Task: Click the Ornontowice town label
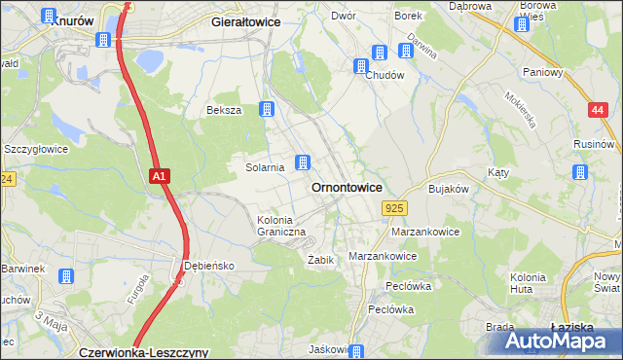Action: tap(346, 187)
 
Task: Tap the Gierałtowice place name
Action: tap(246, 19)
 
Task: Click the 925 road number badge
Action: tap(394, 208)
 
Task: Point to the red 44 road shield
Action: tap(598, 111)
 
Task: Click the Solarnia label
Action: tap(264, 167)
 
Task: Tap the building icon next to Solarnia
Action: tap(304, 162)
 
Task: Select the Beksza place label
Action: tap(223, 111)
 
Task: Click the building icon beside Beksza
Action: tap(266, 110)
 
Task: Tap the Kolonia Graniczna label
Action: tap(281, 226)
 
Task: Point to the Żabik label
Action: tap(321, 260)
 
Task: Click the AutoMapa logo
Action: tap(552, 341)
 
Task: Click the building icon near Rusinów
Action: tap(580, 172)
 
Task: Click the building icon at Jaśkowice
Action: tap(357, 351)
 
